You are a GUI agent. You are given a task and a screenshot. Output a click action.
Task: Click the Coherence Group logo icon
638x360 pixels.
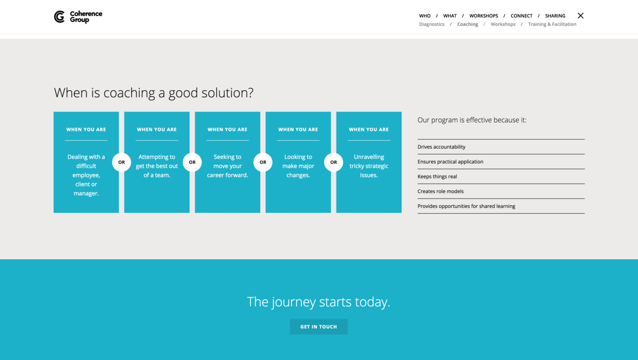pyautogui.click(x=59, y=17)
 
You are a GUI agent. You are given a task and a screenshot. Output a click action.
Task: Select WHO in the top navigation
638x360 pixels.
pyautogui.click(x=425, y=16)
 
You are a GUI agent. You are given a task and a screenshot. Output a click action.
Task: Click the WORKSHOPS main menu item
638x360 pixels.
pyautogui.click(x=484, y=16)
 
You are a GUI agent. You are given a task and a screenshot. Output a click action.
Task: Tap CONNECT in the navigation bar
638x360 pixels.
pyautogui.click(x=522, y=16)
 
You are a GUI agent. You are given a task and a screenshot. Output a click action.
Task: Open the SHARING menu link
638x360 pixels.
pyautogui.click(x=555, y=16)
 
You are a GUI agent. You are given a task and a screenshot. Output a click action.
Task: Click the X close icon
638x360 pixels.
pyautogui.click(x=581, y=15)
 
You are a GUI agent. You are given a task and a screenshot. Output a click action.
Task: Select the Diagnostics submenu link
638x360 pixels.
pyautogui.click(x=432, y=24)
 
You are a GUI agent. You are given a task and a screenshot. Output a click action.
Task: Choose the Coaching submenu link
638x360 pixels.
pyautogui.click(x=468, y=24)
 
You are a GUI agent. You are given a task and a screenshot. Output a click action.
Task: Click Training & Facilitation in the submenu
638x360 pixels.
pyautogui.click(x=552, y=24)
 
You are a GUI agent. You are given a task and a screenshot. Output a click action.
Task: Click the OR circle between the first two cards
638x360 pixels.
pyautogui.click(x=122, y=162)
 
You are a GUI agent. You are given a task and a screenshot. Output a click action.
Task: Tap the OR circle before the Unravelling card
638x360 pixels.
pyautogui.click(x=333, y=162)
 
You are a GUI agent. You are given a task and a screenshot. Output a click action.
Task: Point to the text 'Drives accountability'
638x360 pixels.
pyautogui.click(x=441, y=147)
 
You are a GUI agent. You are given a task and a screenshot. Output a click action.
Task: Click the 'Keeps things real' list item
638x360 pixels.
pyautogui.click(x=437, y=177)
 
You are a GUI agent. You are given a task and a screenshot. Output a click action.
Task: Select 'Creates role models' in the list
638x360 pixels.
pyautogui.click(x=441, y=191)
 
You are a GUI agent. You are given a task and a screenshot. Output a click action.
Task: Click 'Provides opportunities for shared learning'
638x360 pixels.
pyautogui.click(x=466, y=206)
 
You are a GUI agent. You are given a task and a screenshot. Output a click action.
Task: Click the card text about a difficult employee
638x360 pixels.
pyautogui.click(x=86, y=175)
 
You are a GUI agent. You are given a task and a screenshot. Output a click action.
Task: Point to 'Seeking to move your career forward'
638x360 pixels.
pyautogui.click(x=228, y=166)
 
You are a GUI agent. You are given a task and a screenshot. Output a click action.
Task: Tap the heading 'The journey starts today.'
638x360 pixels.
pyautogui.click(x=318, y=302)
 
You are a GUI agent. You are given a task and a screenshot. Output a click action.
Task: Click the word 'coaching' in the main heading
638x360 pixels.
pyautogui.click(x=129, y=93)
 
